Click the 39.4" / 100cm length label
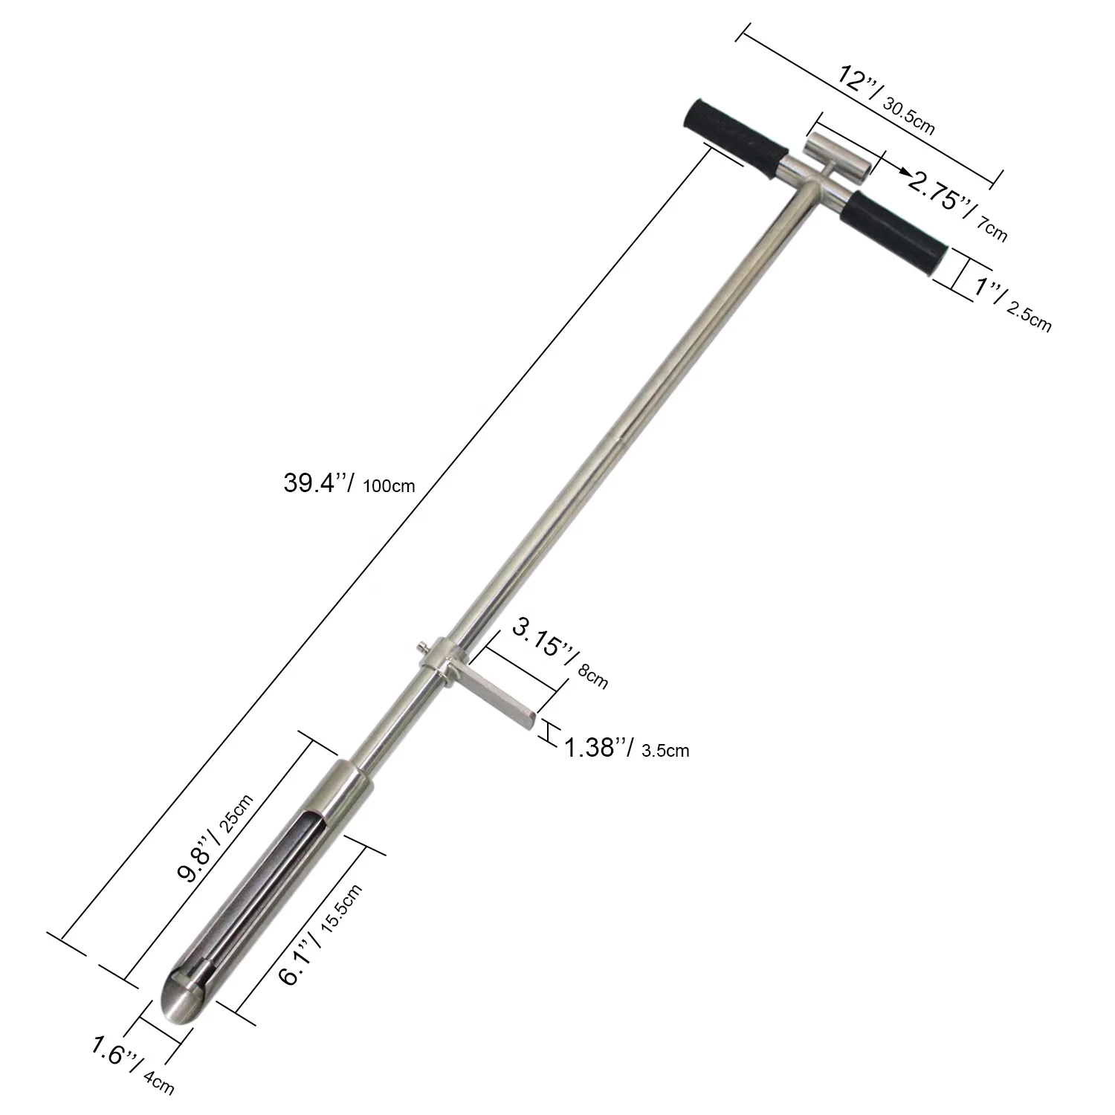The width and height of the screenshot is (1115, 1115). [x=349, y=484]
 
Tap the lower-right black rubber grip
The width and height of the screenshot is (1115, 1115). [x=895, y=234]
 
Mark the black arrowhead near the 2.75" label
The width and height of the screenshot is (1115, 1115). [x=904, y=172]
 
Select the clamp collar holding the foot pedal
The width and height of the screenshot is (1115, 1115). [x=445, y=658]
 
